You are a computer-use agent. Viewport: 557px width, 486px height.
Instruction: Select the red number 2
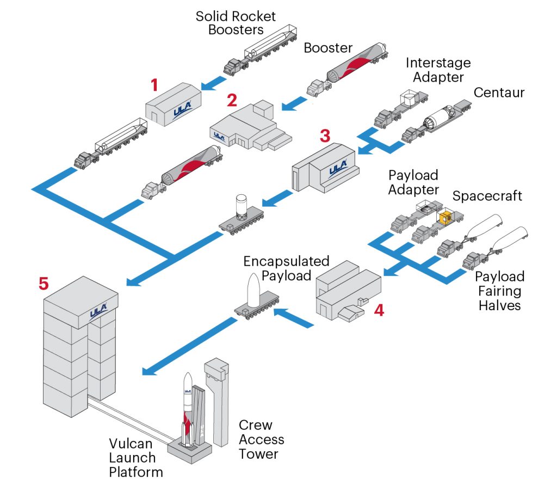click(x=232, y=101)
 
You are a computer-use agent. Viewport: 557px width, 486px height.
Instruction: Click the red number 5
click(x=44, y=284)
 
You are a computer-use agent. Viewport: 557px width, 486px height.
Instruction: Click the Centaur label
click(x=499, y=93)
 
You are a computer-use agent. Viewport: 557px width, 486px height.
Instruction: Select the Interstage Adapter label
click(x=438, y=70)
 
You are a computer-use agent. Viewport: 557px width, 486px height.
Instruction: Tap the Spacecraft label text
click(x=487, y=196)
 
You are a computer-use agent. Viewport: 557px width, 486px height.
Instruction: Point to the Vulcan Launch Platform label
click(x=132, y=457)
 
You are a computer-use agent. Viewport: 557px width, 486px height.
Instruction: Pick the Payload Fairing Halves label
click(x=499, y=291)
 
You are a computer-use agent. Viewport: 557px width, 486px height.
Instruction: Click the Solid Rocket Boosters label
click(x=236, y=22)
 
